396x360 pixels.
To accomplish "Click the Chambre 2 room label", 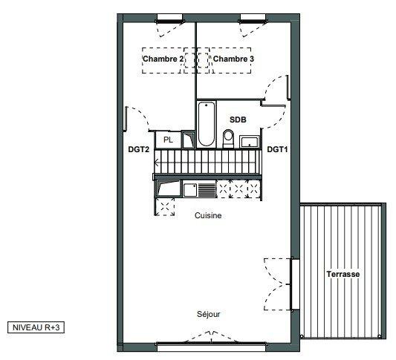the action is coord(163,59).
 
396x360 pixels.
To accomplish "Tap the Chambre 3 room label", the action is coord(233,59).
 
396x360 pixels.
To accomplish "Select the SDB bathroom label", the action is coord(238,120).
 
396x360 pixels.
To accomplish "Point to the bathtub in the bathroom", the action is coord(207,124).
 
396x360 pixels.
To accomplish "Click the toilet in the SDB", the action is coord(228,138).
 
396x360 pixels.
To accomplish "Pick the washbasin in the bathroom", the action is coord(250,142).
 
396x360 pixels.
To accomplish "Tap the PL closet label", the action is coord(168,140).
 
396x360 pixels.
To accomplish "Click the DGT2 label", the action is coord(139,149).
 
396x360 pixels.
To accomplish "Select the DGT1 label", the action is coord(277,149).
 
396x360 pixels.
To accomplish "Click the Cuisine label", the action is coord(208,215).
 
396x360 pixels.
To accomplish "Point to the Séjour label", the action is coord(208,314).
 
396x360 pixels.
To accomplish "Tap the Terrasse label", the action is coord(343,274).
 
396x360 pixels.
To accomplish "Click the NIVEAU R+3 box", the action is coord(36,327).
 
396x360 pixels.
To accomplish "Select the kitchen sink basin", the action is coord(190,190).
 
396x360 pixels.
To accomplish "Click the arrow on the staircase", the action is coord(156,163).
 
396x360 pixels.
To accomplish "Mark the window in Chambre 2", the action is coord(169,19).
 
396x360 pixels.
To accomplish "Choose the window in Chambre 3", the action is coord(253,19).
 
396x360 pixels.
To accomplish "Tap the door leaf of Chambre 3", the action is coord(288,88).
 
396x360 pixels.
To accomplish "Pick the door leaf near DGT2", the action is coord(126,119).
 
